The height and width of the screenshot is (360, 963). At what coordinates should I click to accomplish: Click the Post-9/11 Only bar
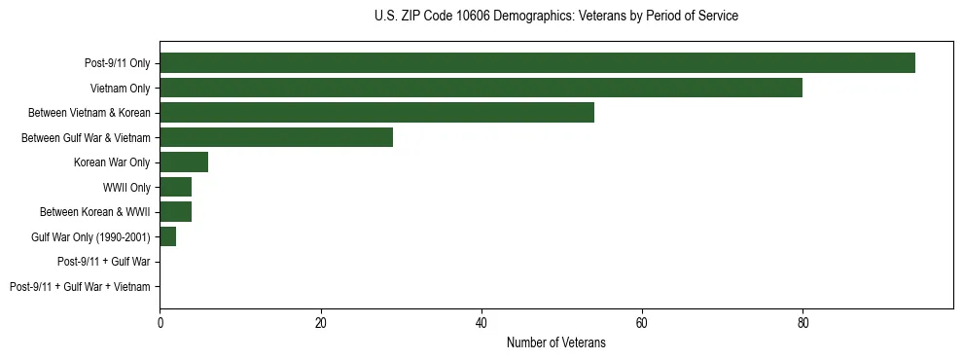537,63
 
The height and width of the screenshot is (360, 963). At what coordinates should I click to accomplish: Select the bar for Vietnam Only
481,88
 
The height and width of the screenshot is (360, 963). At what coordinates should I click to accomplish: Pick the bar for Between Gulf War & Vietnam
276,137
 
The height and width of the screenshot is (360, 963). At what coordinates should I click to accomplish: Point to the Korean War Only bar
184,162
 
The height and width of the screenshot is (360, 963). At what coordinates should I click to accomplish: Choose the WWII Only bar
175,187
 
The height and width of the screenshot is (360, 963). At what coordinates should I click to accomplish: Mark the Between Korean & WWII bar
175,212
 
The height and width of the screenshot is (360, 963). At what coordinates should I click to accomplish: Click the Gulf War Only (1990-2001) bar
167,236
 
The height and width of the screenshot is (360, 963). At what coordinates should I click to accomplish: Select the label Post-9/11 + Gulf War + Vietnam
80,287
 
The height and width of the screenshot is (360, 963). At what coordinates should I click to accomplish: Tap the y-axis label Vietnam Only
121,89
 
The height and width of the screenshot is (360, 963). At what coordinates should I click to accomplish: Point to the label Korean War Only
112,162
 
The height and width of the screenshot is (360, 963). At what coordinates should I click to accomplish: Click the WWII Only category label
126,188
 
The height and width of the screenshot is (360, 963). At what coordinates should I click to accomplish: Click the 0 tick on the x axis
160,324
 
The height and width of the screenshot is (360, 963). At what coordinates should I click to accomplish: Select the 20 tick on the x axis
320,324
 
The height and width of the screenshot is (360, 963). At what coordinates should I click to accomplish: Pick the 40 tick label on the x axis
481,324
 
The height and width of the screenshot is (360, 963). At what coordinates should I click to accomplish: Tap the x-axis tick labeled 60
642,324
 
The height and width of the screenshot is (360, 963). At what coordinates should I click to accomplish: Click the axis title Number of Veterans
555,343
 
